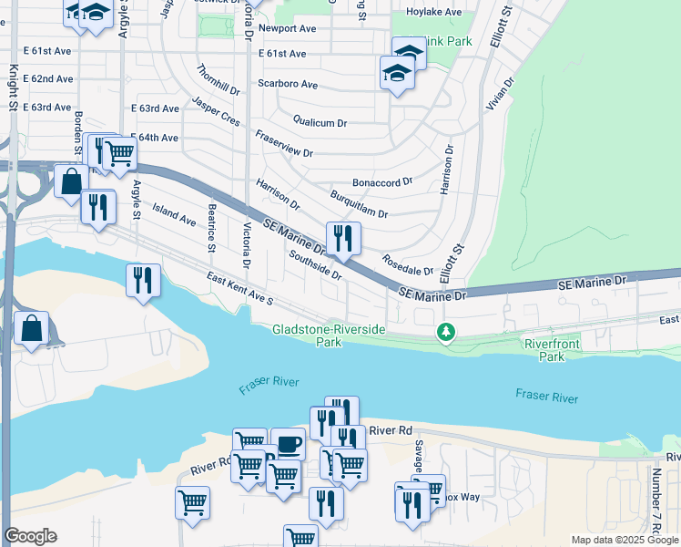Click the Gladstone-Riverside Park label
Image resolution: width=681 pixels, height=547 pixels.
pyautogui.click(x=330, y=335)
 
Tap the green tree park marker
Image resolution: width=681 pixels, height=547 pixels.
pyautogui.click(x=445, y=332)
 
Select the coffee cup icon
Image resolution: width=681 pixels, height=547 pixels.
pyautogui.click(x=289, y=444)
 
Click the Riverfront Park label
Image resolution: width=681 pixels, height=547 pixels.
pyautogui.click(x=557, y=349)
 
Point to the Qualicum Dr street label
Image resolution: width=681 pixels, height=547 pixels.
pyautogui.click(x=320, y=122)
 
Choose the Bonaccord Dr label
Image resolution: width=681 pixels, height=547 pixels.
pyautogui.click(x=382, y=182)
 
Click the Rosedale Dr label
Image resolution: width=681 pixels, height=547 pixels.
pyautogui.click(x=408, y=265)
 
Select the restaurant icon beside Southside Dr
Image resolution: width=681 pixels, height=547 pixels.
pyautogui.click(x=343, y=239)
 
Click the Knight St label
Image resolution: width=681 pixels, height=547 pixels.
pyautogui.click(x=14, y=87)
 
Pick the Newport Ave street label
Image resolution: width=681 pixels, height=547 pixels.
pyautogui.click(x=287, y=29)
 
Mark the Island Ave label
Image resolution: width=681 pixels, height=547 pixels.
pyautogui.click(x=174, y=215)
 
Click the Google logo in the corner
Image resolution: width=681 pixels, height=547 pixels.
pyautogui.click(x=30, y=536)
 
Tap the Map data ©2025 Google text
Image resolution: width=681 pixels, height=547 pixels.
pyautogui.click(x=625, y=540)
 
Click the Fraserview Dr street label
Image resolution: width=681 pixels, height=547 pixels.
pyautogui.click(x=284, y=145)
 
